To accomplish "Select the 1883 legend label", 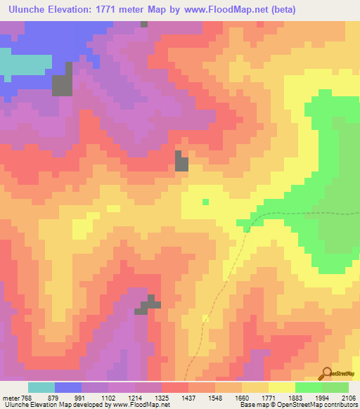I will pos(307,397).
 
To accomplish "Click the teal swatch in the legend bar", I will pos(41,387).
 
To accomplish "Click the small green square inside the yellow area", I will pos(205,202).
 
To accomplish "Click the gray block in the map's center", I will pos(181,162).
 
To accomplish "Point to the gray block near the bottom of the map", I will pos(148,304).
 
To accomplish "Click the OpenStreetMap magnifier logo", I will pos(326,373).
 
